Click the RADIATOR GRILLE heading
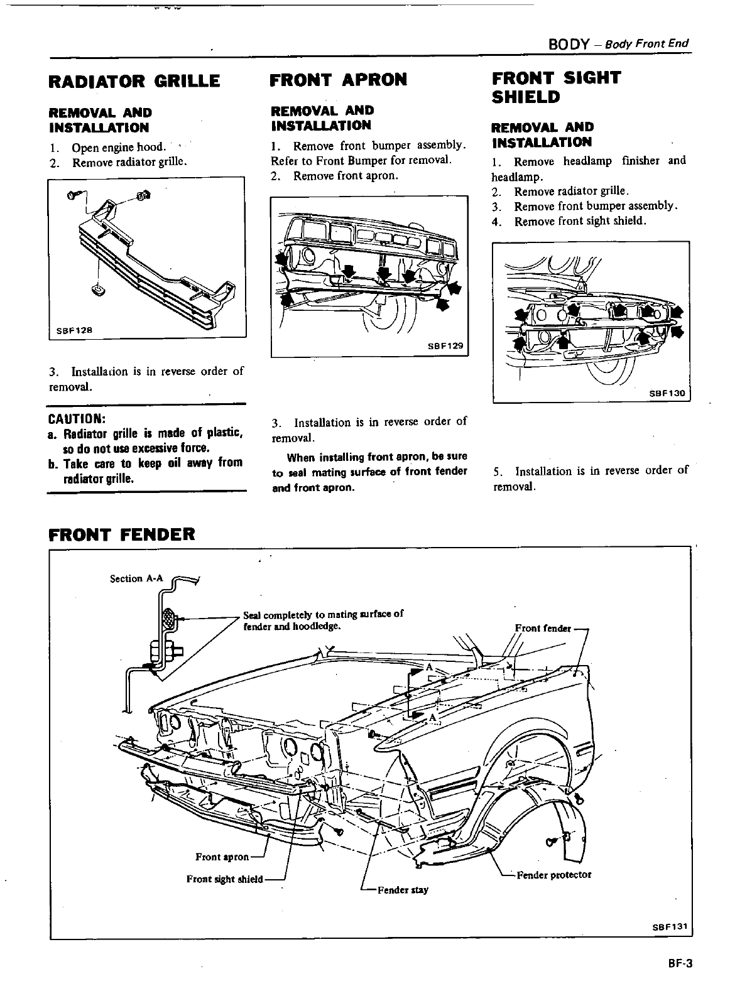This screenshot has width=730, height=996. click(134, 81)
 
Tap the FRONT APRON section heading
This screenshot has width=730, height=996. click(338, 80)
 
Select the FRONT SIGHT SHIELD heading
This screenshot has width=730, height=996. click(556, 87)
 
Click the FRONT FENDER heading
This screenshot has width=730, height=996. click(122, 534)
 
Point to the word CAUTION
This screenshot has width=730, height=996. click(76, 419)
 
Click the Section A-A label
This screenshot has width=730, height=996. click(134, 578)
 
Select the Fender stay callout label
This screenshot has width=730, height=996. click(402, 890)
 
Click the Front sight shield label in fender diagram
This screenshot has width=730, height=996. click(224, 879)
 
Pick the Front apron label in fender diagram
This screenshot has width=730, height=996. click(222, 857)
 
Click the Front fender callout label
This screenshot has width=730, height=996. click(543, 628)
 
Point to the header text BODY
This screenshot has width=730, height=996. click(568, 44)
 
